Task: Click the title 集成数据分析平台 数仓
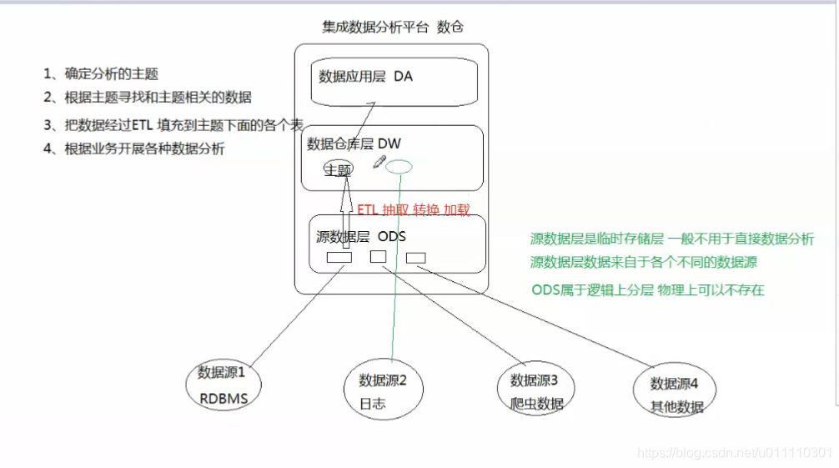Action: click(x=392, y=28)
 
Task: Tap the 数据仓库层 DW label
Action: click(x=354, y=144)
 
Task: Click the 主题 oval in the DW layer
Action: click(x=339, y=169)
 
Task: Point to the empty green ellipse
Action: click(x=399, y=166)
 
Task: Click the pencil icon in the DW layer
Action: click(x=379, y=161)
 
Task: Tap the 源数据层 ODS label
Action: click(x=360, y=236)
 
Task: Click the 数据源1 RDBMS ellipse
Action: click(x=224, y=385)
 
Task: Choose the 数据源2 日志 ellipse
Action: click(x=383, y=390)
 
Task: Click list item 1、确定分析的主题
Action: click(x=101, y=74)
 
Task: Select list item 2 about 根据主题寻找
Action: click(x=148, y=98)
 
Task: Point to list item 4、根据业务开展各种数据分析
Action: click(x=134, y=149)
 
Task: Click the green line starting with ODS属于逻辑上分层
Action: click(x=647, y=290)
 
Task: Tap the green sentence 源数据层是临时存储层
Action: click(x=671, y=239)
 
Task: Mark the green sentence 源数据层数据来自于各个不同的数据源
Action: click(x=643, y=262)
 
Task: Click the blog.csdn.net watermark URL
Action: click(x=734, y=452)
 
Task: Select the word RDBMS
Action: click(x=224, y=398)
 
